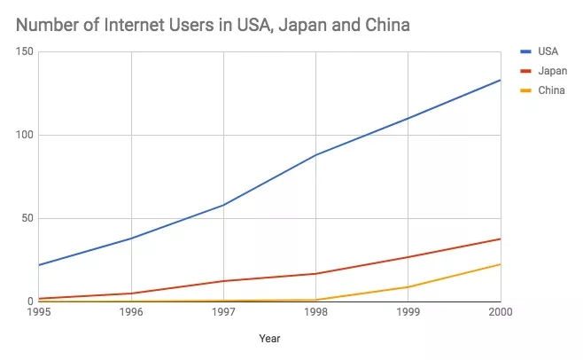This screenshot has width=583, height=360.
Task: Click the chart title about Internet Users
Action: point(213,25)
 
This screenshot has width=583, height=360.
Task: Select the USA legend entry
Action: point(547,51)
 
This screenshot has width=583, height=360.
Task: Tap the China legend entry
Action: point(550,90)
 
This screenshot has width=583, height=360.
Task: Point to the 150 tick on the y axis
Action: point(24,52)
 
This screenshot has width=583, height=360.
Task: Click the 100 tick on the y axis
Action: point(24,135)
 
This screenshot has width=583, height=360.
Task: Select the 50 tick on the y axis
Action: point(27,218)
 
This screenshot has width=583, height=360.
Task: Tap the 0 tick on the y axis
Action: point(30,301)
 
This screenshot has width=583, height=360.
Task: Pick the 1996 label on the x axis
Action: point(131,312)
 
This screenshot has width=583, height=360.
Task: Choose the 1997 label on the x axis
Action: point(223,312)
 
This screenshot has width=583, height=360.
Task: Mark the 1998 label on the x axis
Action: point(315,312)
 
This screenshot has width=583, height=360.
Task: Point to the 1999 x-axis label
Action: point(408,312)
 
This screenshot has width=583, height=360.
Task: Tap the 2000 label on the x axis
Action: point(500,312)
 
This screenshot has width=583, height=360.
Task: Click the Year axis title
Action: point(269,338)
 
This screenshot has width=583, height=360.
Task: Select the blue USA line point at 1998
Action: point(315,155)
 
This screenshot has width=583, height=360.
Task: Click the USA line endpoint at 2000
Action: point(500,81)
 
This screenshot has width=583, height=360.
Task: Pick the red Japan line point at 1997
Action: point(223,281)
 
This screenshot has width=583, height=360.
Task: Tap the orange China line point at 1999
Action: point(408,287)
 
